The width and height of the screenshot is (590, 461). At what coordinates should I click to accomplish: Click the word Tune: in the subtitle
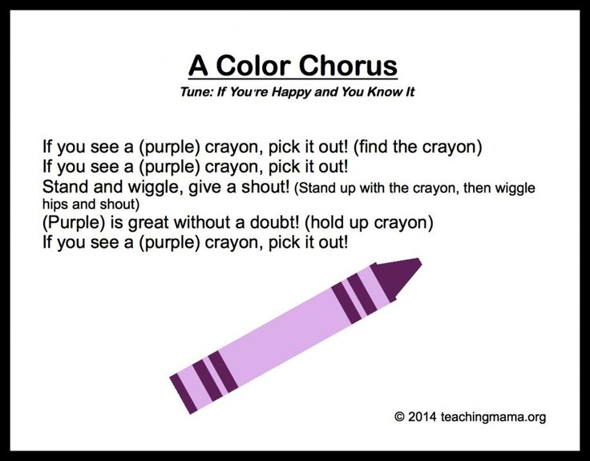(196, 92)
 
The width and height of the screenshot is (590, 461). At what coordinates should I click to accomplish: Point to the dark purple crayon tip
(399, 277)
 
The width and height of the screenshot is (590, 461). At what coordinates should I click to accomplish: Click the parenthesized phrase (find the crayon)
(418, 147)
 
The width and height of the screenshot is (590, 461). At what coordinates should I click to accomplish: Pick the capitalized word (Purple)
(74, 223)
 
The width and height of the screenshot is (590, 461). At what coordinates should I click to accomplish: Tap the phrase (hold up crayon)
(369, 223)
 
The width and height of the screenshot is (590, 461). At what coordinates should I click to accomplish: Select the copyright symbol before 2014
(399, 417)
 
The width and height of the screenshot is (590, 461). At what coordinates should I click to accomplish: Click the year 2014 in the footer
(422, 417)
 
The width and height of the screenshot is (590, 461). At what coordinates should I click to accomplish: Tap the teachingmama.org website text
(493, 418)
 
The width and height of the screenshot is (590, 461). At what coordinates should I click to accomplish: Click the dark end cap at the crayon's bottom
(184, 394)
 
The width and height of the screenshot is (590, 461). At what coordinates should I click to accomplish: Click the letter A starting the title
(198, 66)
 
